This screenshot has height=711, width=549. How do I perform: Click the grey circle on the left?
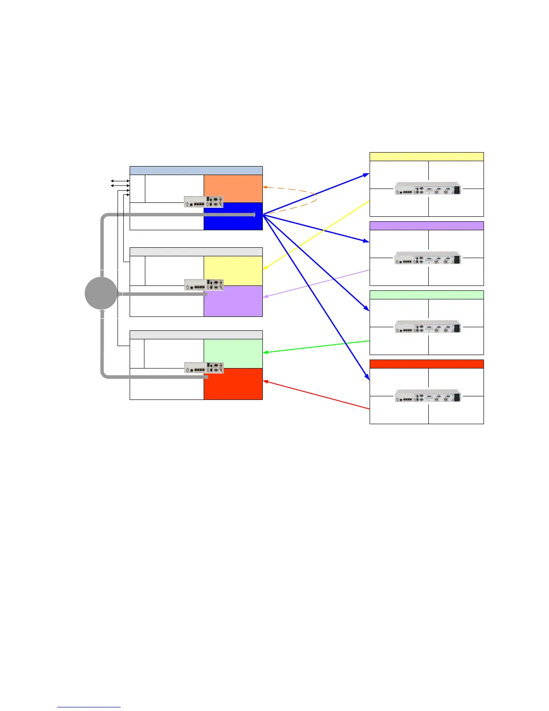click(101, 293)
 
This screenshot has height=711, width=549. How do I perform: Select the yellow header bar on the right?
click(427, 157)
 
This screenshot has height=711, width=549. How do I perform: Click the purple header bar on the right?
click(427, 226)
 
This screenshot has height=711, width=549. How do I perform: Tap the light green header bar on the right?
click(427, 295)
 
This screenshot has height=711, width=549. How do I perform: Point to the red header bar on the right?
click(427, 364)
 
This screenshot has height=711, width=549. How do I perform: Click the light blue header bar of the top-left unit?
click(196, 171)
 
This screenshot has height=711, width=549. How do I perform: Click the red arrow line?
click(316, 395)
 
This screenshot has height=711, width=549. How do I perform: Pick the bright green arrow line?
click(316, 347)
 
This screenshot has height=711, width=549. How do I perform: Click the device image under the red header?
click(428, 396)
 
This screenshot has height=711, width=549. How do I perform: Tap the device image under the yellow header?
click(428, 189)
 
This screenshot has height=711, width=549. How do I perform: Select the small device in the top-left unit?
click(204, 202)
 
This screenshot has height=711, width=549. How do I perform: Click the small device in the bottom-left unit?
click(204, 368)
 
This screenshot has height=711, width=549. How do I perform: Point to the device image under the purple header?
click(428, 258)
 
